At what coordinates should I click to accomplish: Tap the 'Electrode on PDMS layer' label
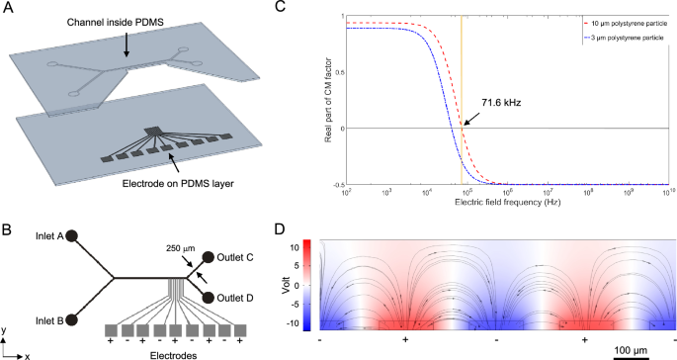[x=172, y=182]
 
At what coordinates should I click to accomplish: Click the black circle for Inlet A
[x=71, y=237]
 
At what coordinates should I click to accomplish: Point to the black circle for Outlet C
[x=209, y=258]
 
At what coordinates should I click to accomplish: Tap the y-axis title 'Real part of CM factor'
[x=327, y=100]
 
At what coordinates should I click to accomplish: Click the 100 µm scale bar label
[x=635, y=351]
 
